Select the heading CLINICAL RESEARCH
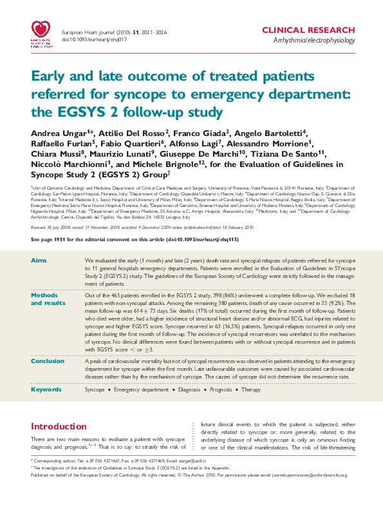point(308,30)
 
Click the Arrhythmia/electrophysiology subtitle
point(313,41)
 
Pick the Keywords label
point(47,389)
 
